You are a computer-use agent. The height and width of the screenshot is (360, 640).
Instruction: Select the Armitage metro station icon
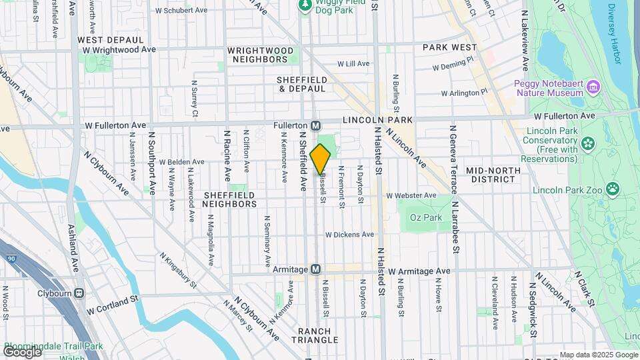click(x=317, y=269)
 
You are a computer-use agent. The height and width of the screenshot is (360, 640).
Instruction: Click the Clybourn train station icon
click(x=79, y=293)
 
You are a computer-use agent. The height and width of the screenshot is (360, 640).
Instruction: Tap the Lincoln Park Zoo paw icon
click(x=612, y=191)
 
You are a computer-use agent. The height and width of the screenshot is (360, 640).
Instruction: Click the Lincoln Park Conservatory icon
click(x=588, y=142)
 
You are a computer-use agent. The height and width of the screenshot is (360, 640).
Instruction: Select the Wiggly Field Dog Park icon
click(x=305, y=5)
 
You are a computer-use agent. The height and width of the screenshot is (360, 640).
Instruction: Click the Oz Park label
click(x=426, y=217)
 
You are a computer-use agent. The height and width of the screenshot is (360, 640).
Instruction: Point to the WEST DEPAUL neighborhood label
click(x=103, y=40)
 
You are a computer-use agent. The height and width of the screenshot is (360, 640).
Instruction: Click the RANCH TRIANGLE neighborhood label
click(x=315, y=336)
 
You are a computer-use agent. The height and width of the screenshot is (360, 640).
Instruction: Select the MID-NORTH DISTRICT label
click(x=503, y=175)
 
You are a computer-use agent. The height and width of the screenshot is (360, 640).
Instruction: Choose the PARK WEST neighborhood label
click(x=450, y=47)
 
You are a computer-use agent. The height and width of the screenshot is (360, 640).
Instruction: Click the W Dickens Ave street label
click(x=349, y=235)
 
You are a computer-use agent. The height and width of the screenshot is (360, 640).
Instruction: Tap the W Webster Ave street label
click(x=411, y=195)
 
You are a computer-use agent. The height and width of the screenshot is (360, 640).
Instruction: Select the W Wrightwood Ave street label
click(x=120, y=49)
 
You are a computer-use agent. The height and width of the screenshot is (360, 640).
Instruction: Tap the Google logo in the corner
click(x=22, y=351)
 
